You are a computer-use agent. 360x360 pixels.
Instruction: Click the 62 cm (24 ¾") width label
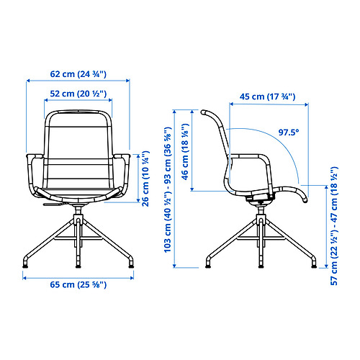(78, 74)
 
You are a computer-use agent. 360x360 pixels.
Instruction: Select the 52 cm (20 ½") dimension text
(78, 94)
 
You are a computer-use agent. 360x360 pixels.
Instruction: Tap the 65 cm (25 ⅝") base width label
(78, 284)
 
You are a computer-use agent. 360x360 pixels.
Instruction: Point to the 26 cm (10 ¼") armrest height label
(145, 179)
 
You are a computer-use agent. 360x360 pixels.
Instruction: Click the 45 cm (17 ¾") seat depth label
(267, 96)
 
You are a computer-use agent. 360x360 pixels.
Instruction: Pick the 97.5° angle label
(289, 132)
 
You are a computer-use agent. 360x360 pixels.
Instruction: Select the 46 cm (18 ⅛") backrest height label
(185, 152)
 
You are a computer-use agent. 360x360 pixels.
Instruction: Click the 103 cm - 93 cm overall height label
(168, 189)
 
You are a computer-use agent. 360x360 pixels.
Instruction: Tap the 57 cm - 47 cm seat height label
(334, 226)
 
